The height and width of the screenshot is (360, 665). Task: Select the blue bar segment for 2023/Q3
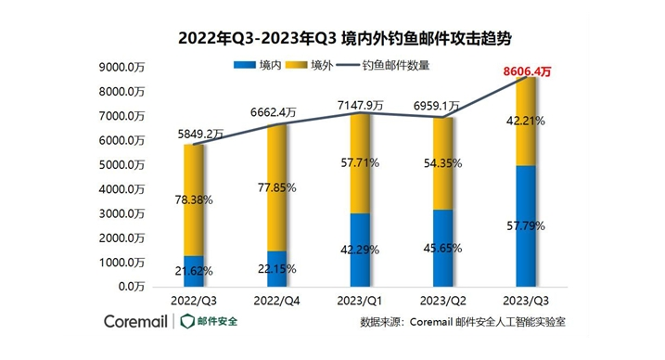[x=524, y=227]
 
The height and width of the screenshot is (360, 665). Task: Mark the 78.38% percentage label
[x=195, y=199]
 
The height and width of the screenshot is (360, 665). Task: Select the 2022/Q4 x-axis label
[x=276, y=301]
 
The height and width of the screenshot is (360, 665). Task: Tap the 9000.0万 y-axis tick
[x=121, y=68]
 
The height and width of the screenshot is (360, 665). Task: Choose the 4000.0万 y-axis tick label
[x=121, y=189]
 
